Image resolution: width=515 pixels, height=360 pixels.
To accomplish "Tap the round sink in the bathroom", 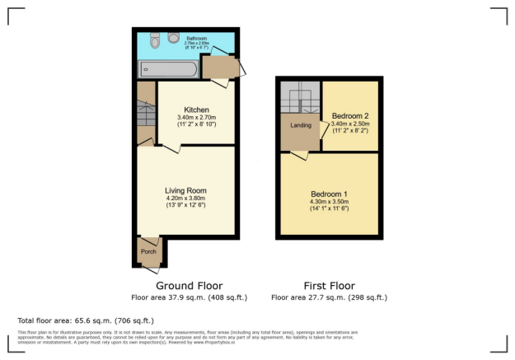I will [x=173, y=37].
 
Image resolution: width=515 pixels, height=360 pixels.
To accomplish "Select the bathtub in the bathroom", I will [x=168, y=70].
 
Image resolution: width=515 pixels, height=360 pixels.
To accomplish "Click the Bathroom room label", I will [x=196, y=38].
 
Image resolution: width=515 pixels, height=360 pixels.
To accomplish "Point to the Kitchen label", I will [x=196, y=110].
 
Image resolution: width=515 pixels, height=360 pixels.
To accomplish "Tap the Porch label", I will [x=148, y=251].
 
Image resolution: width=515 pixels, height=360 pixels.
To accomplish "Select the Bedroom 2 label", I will [x=349, y=115].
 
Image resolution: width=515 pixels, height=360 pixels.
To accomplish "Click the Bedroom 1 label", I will [x=329, y=194].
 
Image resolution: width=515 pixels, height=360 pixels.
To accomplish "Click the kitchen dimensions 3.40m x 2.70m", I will [x=196, y=118].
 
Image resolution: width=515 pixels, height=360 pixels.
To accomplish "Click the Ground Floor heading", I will [x=189, y=286].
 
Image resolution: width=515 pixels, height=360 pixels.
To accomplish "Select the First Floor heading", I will [x=328, y=286].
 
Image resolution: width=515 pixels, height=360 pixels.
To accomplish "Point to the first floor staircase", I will [x=298, y=96].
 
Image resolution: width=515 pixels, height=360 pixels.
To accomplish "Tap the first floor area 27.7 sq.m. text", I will [x=328, y=297].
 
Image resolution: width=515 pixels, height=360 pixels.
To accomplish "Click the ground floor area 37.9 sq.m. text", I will [x=189, y=297].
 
